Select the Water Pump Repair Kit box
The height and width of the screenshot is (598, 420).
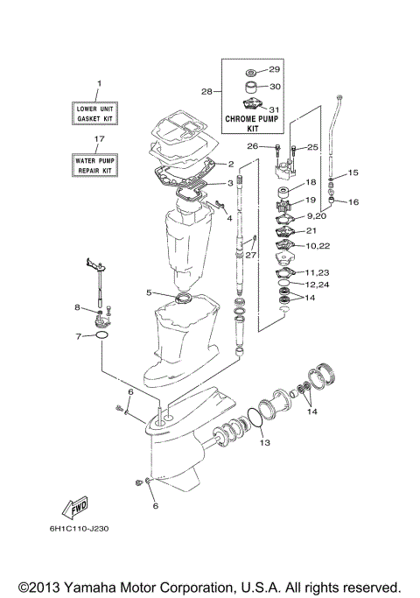(x=99, y=164)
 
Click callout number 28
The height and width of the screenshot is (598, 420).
(x=207, y=91)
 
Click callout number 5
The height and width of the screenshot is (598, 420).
(x=150, y=293)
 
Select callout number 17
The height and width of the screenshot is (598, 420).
(x=99, y=138)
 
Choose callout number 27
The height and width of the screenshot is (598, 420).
(x=251, y=256)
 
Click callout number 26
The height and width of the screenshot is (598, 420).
(x=251, y=146)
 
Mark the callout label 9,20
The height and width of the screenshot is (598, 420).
(x=317, y=215)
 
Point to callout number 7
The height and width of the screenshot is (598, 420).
(x=79, y=336)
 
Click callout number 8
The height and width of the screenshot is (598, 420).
(x=77, y=307)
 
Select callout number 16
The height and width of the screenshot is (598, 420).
(x=354, y=202)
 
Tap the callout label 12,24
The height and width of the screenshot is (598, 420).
(x=317, y=285)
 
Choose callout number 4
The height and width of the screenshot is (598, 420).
(x=229, y=218)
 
